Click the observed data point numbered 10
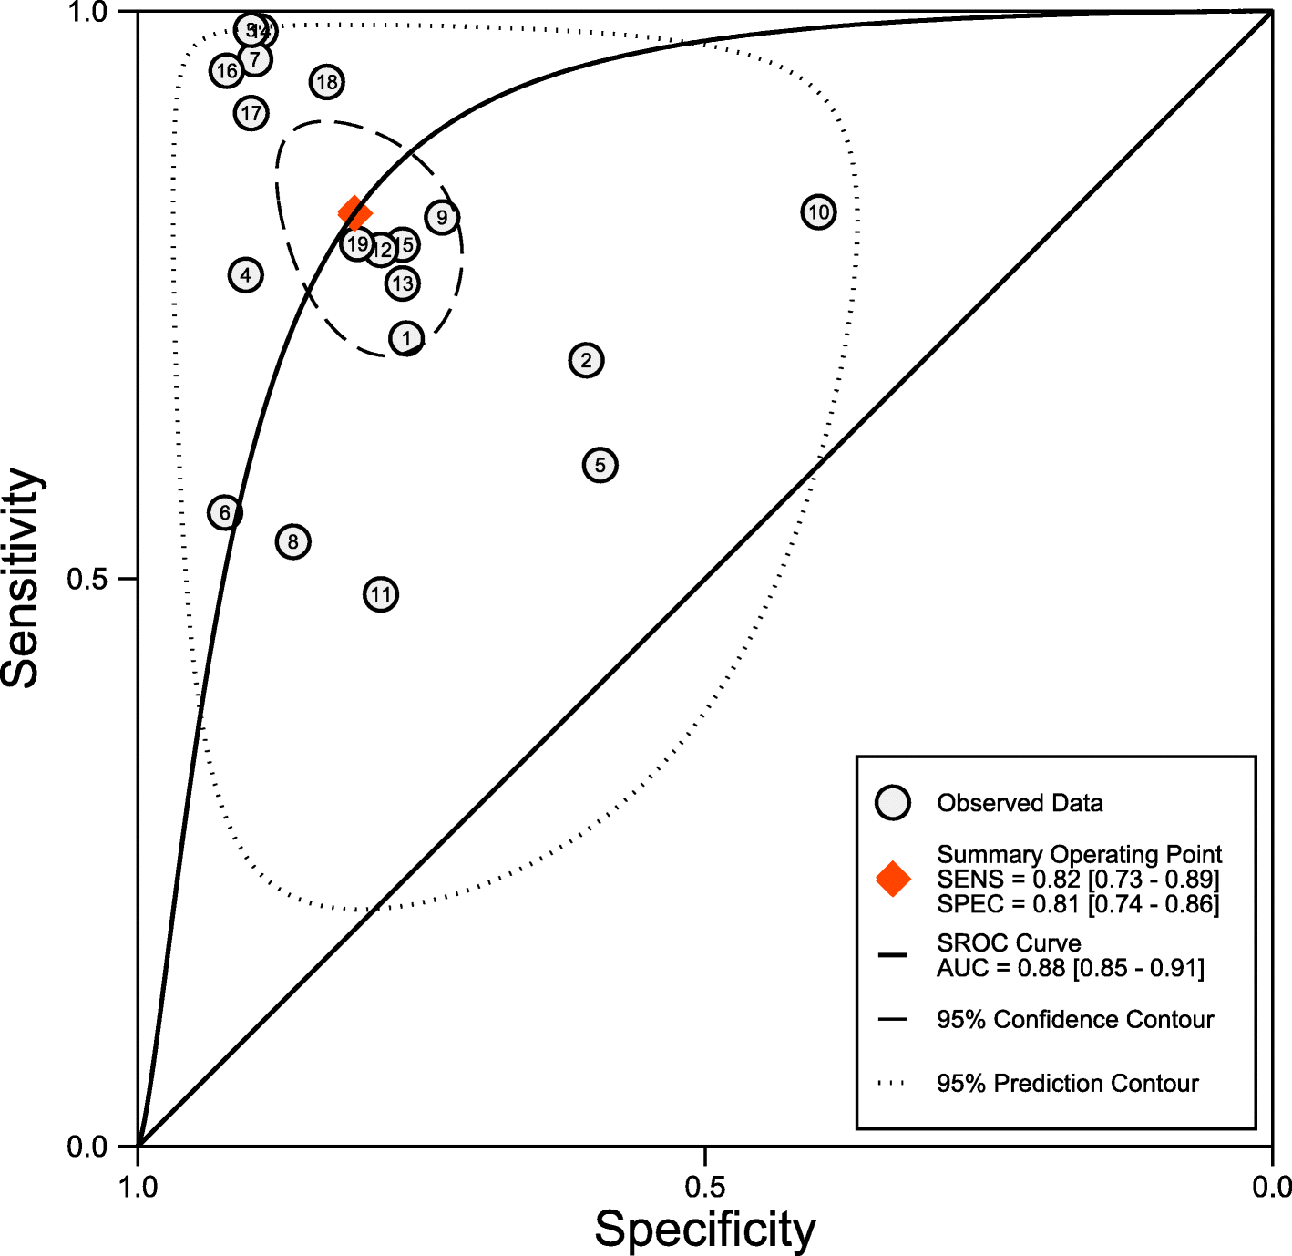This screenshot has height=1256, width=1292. (x=818, y=212)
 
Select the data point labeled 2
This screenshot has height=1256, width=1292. (x=586, y=360)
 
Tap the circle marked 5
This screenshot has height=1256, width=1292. (x=600, y=465)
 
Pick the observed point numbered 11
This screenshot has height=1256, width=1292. (x=381, y=594)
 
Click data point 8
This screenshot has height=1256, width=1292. (x=292, y=541)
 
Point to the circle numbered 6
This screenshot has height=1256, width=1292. (x=225, y=512)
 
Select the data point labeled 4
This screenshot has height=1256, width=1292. (x=245, y=274)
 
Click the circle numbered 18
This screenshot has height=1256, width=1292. (x=326, y=82)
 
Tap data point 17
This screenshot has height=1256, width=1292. (x=251, y=113)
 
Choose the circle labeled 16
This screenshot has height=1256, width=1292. (x=226, y=70)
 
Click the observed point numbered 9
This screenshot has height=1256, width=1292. (x=442, y=217)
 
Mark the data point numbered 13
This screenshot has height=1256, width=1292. (x=402, y=283)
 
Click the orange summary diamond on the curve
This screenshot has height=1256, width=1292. (x=354, y=213)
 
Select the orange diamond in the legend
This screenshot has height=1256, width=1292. (x=893, y=879)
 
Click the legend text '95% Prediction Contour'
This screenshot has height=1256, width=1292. (x=1067, y=1083)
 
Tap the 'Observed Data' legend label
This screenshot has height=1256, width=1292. (x=1020, y=803)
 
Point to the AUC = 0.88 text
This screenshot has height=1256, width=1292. (x=1070, y=968)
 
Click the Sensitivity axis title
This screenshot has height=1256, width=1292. (x=22, y=578)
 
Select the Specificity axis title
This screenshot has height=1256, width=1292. (x=705, y=1229)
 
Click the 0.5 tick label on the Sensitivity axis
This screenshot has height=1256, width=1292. (x=89, y=579)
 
